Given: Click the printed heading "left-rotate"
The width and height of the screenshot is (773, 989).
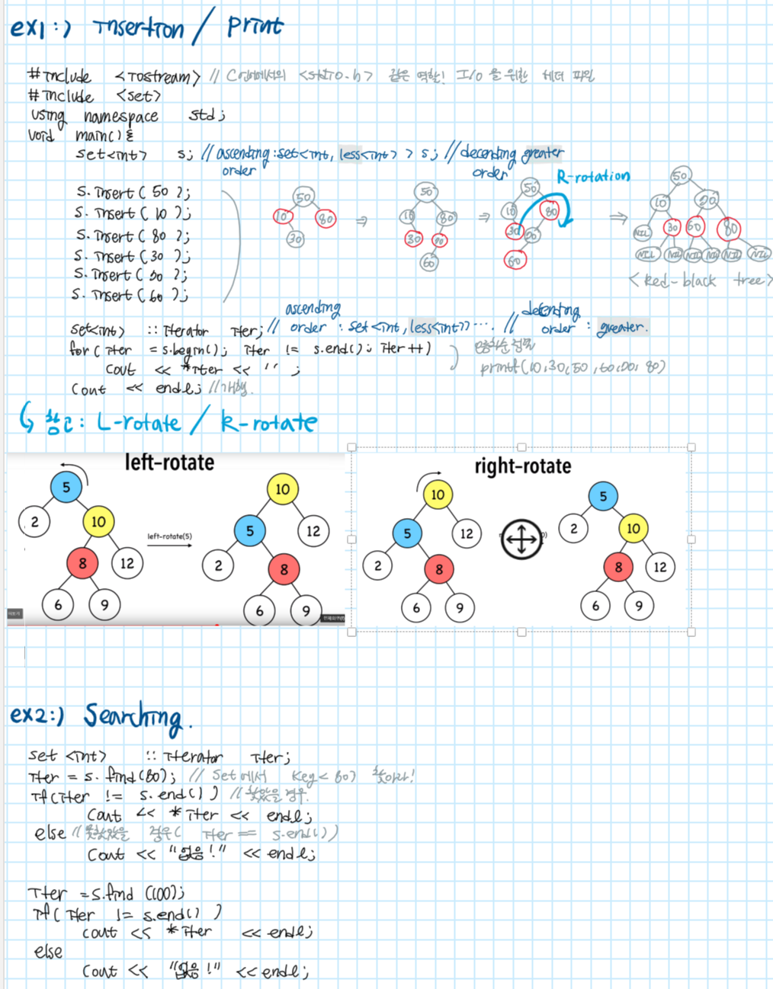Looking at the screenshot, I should (169, 462).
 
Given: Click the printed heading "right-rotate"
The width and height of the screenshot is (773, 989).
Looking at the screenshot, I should (522, 466).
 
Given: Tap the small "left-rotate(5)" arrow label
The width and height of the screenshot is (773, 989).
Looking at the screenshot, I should (169, 536).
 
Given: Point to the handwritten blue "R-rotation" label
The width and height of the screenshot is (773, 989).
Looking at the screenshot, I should (593, 177).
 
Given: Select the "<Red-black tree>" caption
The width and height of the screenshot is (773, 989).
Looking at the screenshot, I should (700, 280).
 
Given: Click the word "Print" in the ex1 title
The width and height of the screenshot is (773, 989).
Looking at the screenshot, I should (255, 27).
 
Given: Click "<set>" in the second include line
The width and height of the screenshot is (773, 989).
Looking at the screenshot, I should (138, 96).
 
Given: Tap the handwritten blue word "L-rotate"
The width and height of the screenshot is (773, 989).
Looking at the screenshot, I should (139, 422).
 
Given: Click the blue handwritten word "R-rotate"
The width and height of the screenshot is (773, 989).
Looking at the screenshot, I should (268, 422).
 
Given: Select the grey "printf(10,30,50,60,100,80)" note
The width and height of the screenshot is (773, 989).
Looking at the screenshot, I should (572, 367).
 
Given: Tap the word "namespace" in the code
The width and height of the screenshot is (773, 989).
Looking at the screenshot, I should (120, 117).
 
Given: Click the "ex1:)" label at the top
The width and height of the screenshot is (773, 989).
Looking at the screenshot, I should (40, 29).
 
